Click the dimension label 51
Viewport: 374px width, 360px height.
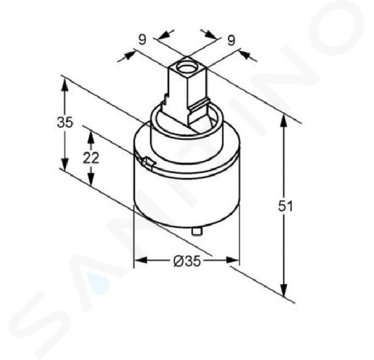pyautogui.click(x=285, y=206)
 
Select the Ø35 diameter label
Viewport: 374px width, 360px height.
pyautogui.click(x=187, y=262)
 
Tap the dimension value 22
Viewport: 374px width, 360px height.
pyautogui.click(x=91, y=158)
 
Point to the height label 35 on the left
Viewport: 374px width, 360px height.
pyautogui.click(x=65, y=123)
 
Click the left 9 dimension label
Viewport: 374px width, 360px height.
pyautogui.click(x=142, y=40)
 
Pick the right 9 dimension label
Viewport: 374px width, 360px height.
pyautogui.click(x=231, y=40)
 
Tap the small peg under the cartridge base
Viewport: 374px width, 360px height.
pyautogui.click(x=197, y=231)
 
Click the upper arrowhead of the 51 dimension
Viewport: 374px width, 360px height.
pyautogui.click(x=283, y=121)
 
